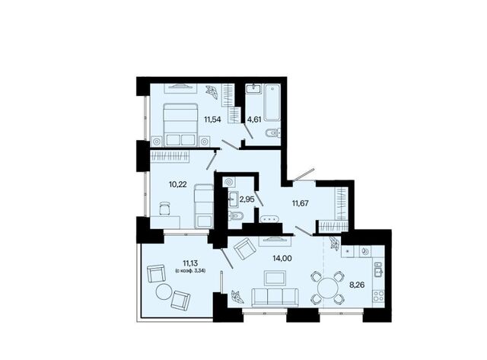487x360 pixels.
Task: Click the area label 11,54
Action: click(x=212, y=119)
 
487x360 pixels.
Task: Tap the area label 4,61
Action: click(x=253, y=119)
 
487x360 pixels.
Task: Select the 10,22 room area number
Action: click(x=177, y=184)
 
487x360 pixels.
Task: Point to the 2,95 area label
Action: click(x=247, y=199)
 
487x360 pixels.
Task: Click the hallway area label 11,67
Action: click(x=300, y=203)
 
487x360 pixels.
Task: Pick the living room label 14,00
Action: click(x=282, y=259)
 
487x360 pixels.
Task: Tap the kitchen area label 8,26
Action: click(x=357, y=285)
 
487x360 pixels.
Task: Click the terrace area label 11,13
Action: click(x=190, y=263)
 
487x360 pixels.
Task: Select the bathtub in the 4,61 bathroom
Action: click(x=272, y=102)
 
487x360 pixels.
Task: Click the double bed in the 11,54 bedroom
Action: click(x=180, y=125)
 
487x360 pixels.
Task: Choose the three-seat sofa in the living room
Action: click(x=275, y=298)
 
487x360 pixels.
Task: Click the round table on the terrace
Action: click(x=164, y=292)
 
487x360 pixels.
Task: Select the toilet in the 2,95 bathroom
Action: click(x=235, y=215)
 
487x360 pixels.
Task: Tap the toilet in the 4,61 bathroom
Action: click(x=273, y=133)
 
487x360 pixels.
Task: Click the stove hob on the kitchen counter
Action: click(x=379, y=296)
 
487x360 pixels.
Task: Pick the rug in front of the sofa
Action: click(x=275, y=278)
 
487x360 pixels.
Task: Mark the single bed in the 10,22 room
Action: click(x=204, y=206)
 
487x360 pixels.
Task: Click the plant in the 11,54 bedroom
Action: click(x=212, y=92)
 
